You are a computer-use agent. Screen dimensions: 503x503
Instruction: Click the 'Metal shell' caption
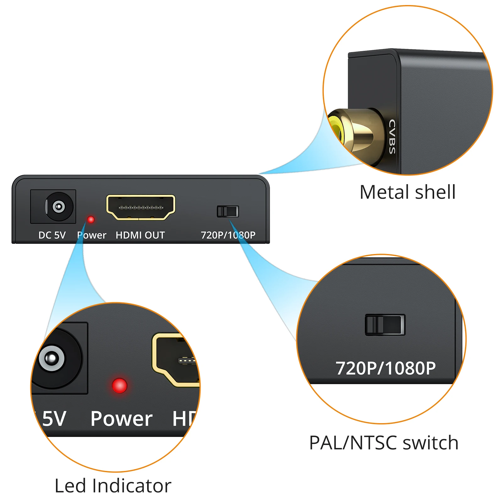(407, 192)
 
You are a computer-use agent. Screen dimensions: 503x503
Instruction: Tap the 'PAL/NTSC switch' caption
(384, 443)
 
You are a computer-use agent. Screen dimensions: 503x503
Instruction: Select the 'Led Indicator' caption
(113, 486)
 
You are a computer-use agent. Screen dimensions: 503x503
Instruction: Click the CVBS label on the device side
(392, 136)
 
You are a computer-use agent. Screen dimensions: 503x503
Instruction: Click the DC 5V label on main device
(52, 235)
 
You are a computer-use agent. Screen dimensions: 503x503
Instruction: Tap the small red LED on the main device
(91, 219)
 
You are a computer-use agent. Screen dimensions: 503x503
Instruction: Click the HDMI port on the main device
(141, 207)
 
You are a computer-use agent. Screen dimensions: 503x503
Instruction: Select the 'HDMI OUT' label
(140, 235)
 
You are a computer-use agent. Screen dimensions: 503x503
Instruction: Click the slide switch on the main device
(228, 211)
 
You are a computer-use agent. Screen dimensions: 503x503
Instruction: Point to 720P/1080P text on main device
(228, 235)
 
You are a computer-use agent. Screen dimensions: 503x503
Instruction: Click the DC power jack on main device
(58, 207)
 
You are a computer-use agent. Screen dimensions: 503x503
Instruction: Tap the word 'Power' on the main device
(92, 235)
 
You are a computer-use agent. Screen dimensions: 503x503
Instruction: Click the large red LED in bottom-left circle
(119, 385)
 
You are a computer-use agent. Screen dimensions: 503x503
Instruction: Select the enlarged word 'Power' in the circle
(121, 419)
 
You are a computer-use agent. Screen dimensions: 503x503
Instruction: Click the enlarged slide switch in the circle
(385, 325)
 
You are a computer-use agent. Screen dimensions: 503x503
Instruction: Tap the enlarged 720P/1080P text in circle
(385, 368)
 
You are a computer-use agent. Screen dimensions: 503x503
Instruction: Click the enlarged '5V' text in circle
(54, 419)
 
